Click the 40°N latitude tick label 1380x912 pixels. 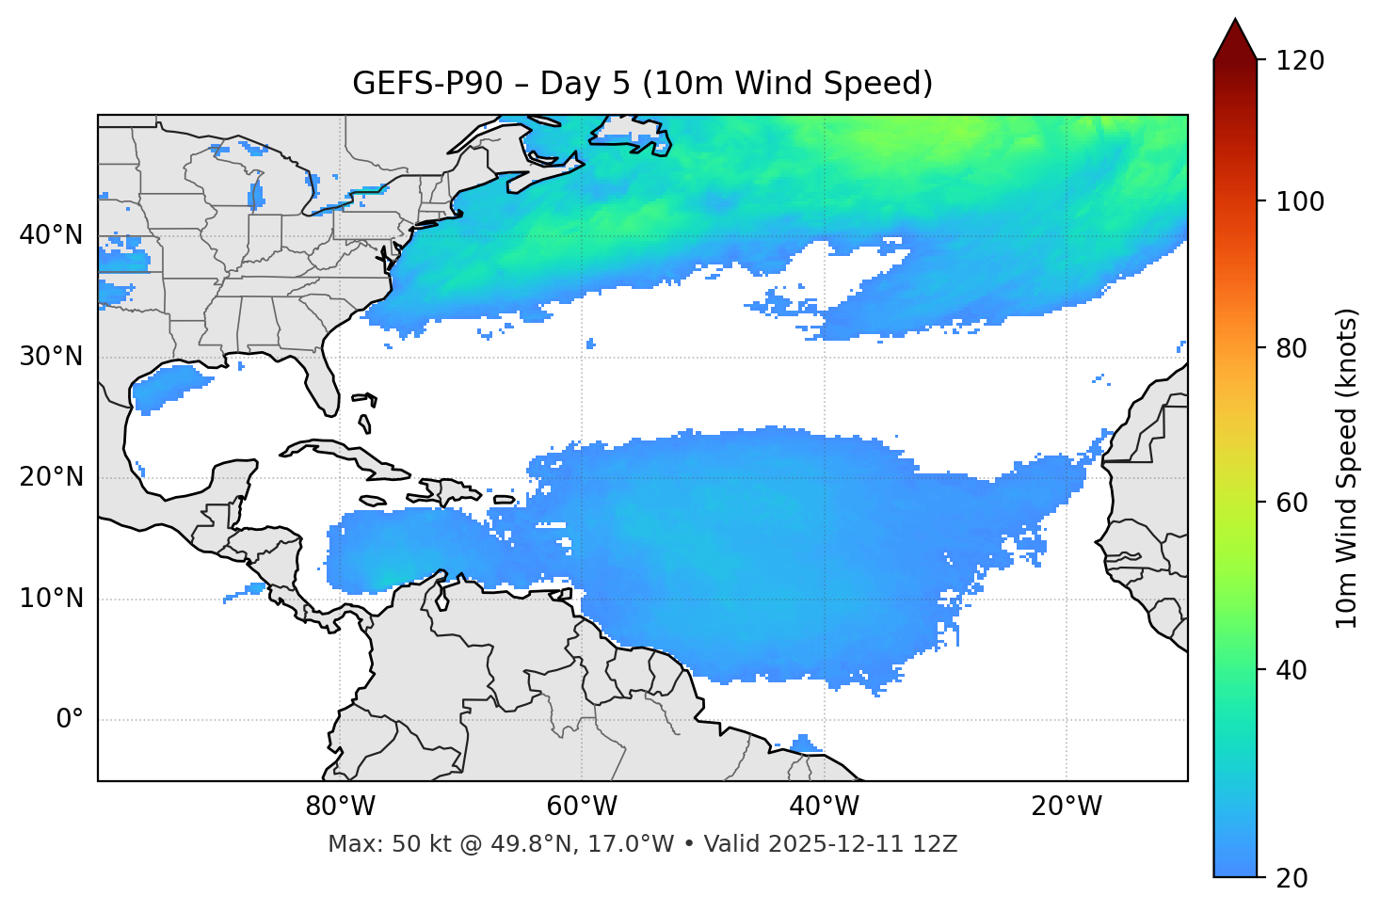click(51, 235)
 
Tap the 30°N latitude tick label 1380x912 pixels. click(51, 357)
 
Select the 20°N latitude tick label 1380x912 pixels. click(51, 477)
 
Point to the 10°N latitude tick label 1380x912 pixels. click(51, 599)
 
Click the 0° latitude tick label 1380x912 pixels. click(70, 720)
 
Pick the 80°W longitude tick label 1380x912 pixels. click(340, 807)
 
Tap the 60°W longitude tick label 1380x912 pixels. click(582, 807)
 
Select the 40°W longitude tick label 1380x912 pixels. click(824, 807)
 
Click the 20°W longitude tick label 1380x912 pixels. click(1067, 807)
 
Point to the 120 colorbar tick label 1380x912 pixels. click(1300, 60)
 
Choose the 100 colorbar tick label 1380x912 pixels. click(1300, 201)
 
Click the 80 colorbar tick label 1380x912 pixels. click(1293, 348)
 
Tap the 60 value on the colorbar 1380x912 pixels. click(1293, 503)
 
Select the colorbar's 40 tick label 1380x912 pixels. click(1293, 670)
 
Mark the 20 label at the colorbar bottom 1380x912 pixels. click(1293, 878)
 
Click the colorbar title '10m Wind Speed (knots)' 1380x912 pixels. click(1347, 468)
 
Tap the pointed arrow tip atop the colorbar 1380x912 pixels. click(1235, 21)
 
